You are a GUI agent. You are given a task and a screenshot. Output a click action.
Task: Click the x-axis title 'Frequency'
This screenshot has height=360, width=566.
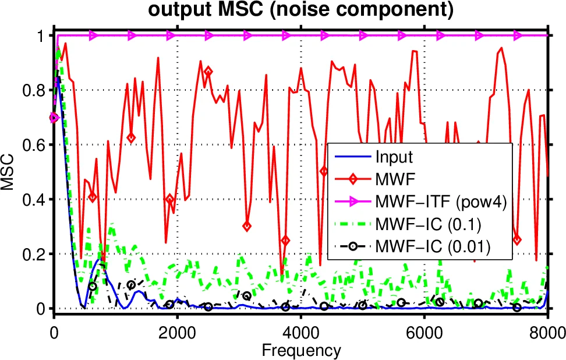[300, 350]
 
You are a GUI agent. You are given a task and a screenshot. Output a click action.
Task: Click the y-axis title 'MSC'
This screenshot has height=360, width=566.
[9, 172]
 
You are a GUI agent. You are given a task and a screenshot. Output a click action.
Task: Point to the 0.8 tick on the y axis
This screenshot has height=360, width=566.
[35, 90]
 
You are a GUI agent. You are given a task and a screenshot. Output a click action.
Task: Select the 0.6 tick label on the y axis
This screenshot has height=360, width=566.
[35, 145]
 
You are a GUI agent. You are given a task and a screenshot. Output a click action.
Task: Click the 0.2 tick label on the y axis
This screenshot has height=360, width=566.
[35, 254]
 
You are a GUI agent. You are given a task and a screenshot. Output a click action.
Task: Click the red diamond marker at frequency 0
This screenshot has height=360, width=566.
[54, 117]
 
